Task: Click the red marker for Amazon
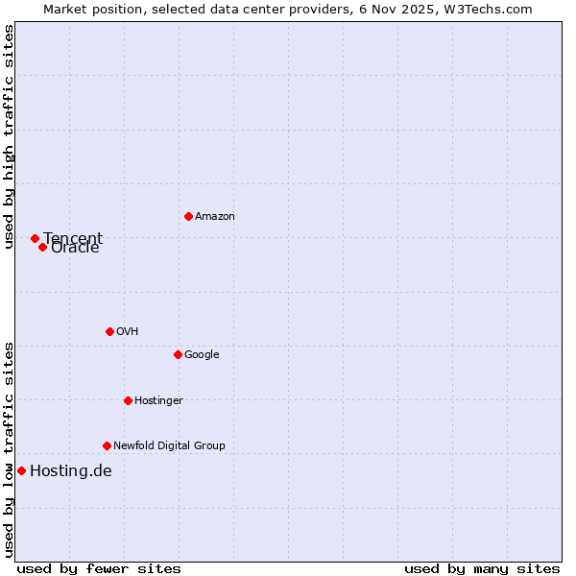[188, 216]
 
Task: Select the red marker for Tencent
[35, 238]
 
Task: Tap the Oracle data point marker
[42, 247]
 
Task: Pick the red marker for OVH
[109, 331]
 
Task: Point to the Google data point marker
[178, 354]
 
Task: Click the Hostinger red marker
[128, 400]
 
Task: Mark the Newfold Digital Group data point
[107, 445]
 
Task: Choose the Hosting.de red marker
[21, 470]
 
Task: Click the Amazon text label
[214, 217]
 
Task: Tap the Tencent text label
[73, 237]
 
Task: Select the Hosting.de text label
[71, 470]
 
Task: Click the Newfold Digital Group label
[169, 445]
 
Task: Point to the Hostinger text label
[158, 400]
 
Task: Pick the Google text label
[202, 355]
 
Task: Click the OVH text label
[128, 332]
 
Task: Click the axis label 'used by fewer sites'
[99, 568]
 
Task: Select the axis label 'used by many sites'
[482, 568]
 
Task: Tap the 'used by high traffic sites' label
[10, 136]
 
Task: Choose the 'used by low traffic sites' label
[10, 449]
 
